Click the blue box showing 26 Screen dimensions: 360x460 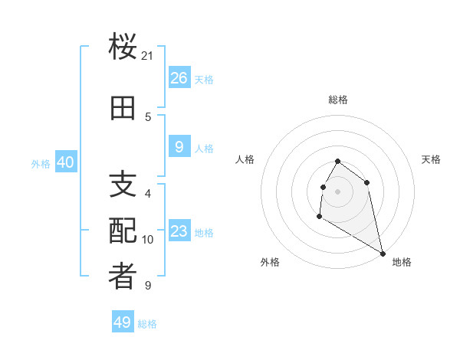point(179,78)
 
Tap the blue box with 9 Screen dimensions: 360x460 point(179,147)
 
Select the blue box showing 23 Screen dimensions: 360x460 point(179,231)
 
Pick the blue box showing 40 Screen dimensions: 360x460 point(65,162)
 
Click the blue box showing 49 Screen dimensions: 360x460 point(123,322)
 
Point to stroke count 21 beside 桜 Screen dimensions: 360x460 point(148,56)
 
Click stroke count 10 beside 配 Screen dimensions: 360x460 point(148,240)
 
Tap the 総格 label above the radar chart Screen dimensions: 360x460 point(338,100)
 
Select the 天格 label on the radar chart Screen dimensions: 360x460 point(431,159)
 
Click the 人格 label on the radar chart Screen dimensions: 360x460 point(245,159)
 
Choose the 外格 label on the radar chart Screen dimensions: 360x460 point(270,262)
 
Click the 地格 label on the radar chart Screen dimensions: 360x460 point(402,262)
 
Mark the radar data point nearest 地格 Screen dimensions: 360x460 point(383,254)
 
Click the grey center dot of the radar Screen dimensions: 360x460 point(338,191)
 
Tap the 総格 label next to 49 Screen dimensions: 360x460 point(147,324)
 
